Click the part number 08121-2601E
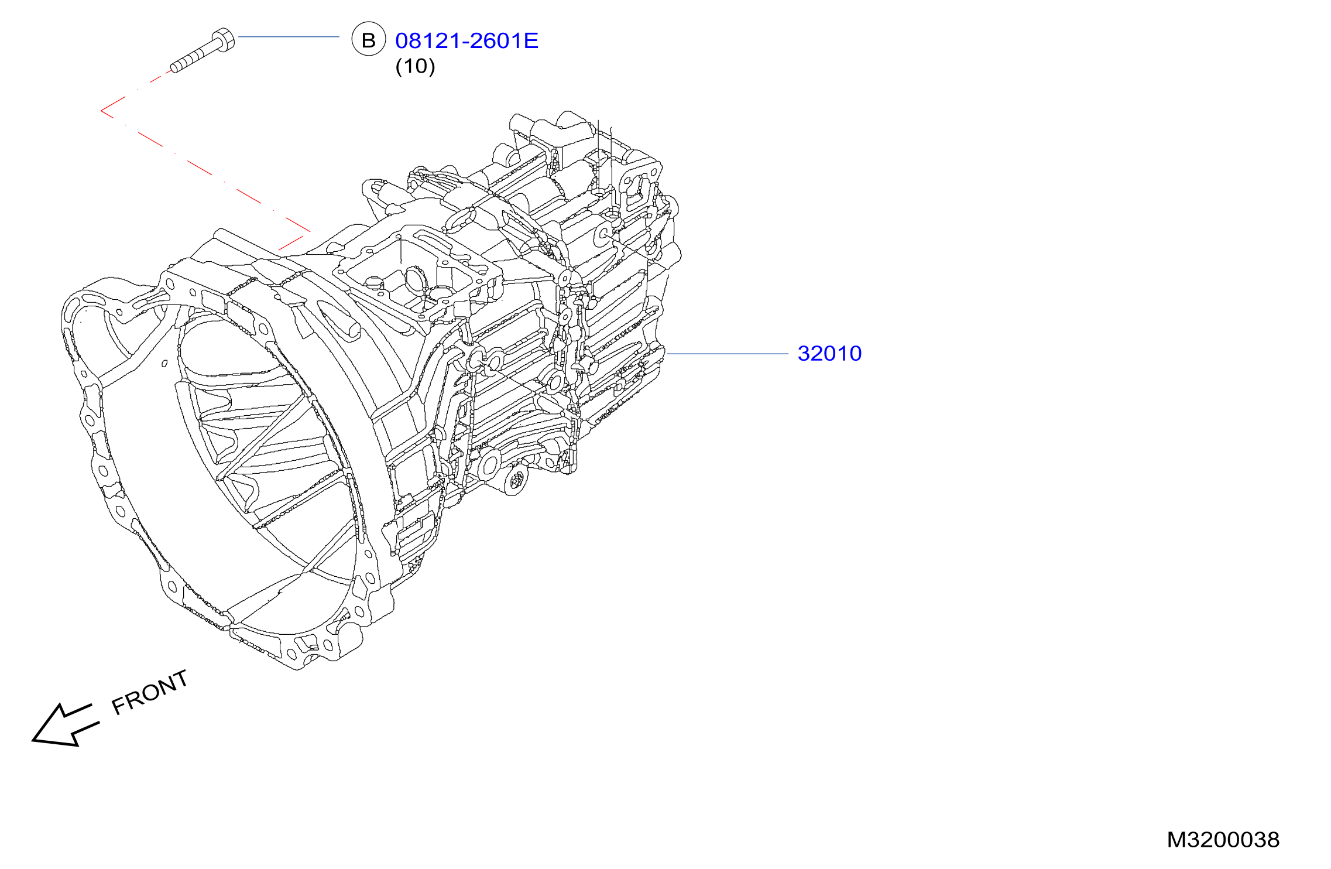pos(466,40)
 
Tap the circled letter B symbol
pos(369,39)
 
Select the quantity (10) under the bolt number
pos(415,66)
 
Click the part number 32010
pos(829,353)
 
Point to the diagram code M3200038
pos(1223,840)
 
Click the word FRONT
pos(150,693)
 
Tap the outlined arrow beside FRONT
pos(65,725)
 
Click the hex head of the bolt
pos(223,39)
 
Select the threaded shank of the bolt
pos(190,60)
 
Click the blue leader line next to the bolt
pos(289,37)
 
